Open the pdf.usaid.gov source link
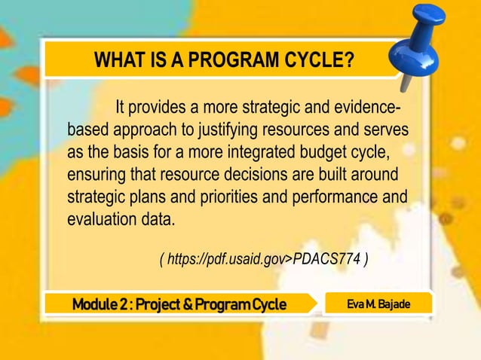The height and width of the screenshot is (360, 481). (x=263, y=260)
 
